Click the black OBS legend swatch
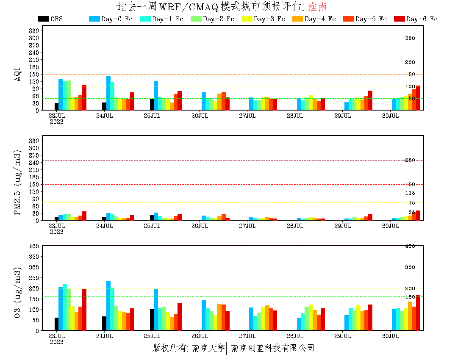(43, 19)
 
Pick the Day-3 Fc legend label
(269, 19)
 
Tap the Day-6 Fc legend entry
(422, 19)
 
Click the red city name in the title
(317, 7)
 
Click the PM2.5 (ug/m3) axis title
(18, 182)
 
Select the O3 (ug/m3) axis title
(18, 292)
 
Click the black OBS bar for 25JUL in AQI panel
(152, 105)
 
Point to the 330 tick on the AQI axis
(34, 30)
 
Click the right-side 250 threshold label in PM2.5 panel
(410, 160)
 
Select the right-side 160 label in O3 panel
(410, 296)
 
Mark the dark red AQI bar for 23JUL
(84, 97)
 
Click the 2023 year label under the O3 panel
(56, 342)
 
